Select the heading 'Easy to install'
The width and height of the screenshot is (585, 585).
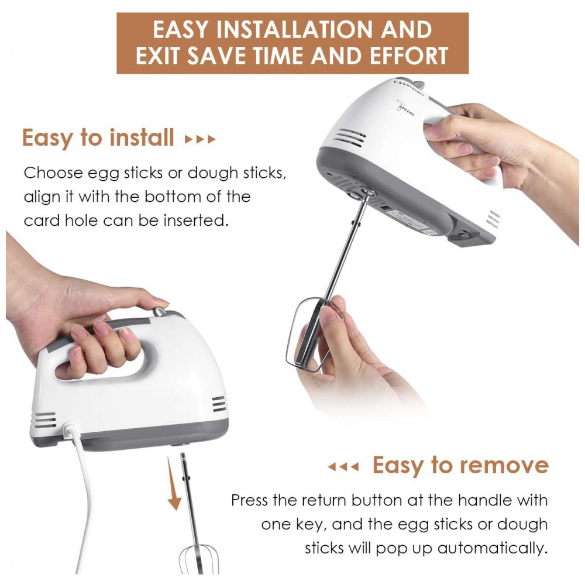pos(98,137)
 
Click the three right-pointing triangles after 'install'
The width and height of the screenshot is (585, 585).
pos(200,140)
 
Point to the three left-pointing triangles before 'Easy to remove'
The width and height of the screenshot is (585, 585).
pos(343,467)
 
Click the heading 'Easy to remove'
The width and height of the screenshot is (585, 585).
pos(461,465)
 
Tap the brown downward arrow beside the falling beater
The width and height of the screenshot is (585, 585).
pos(174,484)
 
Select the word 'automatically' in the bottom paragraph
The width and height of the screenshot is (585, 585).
pos(492,548)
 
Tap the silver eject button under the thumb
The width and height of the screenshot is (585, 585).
pos(160,311)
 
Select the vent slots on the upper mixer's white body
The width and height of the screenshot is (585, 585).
pos(350,137)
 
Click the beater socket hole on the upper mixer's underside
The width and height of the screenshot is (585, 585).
pos(367,193)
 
